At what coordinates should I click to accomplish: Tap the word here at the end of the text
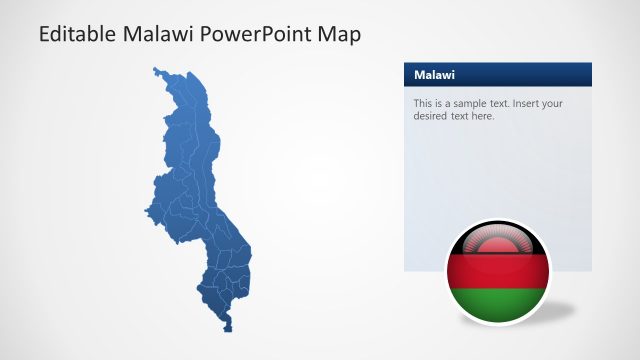pos(483,116)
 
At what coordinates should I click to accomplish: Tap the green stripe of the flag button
pos(497,297)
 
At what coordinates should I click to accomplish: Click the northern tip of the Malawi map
pos(158,70)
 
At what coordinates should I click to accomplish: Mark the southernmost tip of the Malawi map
pos(229,328)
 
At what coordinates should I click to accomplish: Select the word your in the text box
pos(550,103)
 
